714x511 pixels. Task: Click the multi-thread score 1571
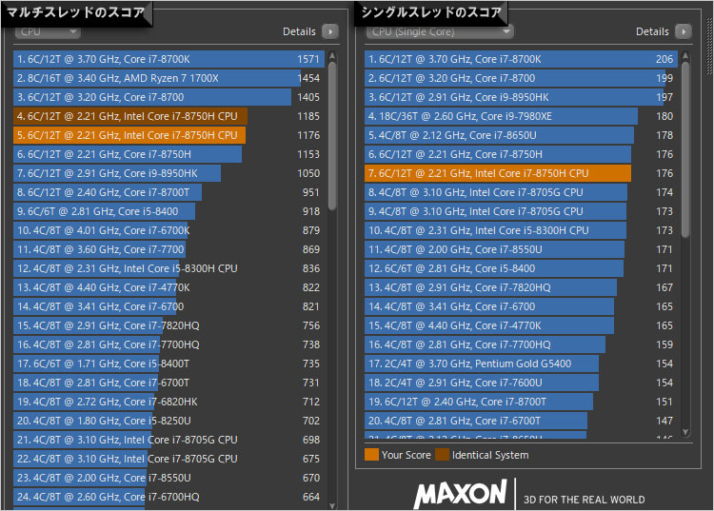point(307,59)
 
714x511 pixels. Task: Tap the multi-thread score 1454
point(307,78)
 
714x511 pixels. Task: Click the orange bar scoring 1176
point(129,135)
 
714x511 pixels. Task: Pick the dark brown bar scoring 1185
point(129,116)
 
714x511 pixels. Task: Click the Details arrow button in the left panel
point(329,31)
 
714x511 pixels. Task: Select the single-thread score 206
point(664,59)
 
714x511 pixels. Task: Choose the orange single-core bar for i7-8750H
point(497,173)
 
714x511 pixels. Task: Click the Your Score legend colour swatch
point(371,455)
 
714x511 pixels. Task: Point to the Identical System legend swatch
point(442,455)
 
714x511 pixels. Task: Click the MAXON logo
point(460,493)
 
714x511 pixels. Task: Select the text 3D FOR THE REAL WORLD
point(585,500)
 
